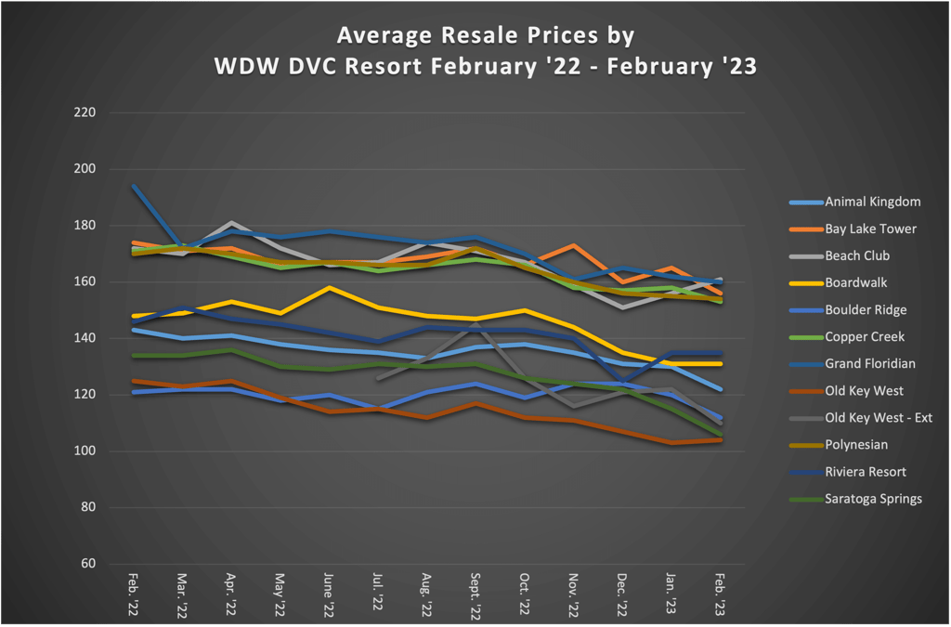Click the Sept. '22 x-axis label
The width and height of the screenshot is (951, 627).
pos(476,595)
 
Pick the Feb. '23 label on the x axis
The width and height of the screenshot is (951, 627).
pos(722,594)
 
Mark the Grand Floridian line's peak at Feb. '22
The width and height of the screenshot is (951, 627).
pos(134,186)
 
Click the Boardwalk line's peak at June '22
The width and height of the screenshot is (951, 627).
pos(329,287)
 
